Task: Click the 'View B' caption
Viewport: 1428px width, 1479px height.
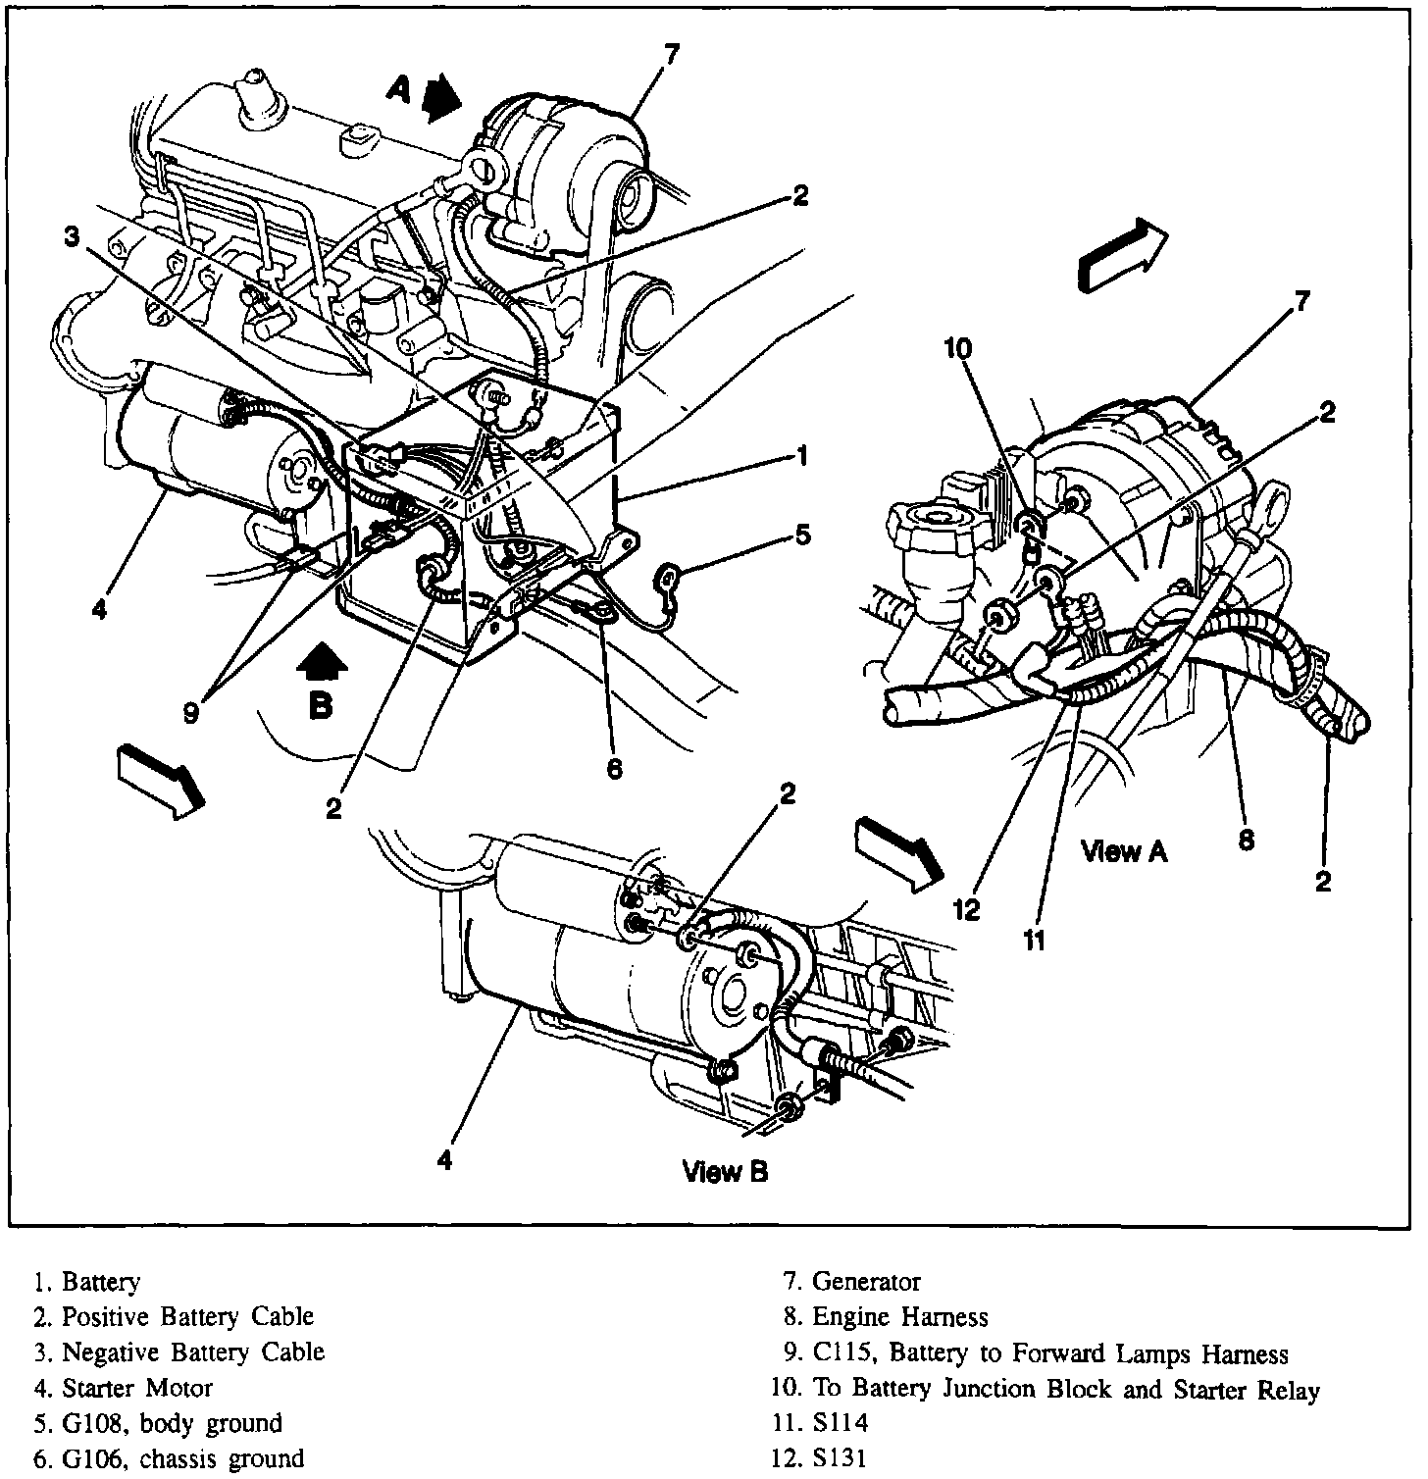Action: [725, 1171]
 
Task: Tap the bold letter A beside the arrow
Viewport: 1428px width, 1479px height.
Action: [399, 90]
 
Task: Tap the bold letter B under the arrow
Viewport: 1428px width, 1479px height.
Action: [321, 705]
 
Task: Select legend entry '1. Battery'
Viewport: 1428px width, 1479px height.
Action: [87, 1281]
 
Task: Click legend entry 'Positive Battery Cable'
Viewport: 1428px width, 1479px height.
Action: [173, 1316]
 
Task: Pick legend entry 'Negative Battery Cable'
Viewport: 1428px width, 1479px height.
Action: [178, 1352]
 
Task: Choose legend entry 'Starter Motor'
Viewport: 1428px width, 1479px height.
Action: [123, 1388]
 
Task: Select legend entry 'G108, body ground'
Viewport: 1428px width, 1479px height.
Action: [158, 1423]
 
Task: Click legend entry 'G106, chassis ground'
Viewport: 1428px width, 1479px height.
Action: [169, 1458]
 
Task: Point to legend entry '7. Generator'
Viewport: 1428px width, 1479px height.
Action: [851, 1281]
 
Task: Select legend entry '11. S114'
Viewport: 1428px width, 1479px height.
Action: [820, 1423]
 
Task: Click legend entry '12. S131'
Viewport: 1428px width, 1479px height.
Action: [820, 1458]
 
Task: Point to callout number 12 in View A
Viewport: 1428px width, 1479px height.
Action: [966, 910]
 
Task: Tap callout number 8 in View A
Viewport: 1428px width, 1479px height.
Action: [1246, 841]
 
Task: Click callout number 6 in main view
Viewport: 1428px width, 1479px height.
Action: [614, 769]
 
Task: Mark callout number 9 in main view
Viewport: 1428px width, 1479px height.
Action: [190, 713]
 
